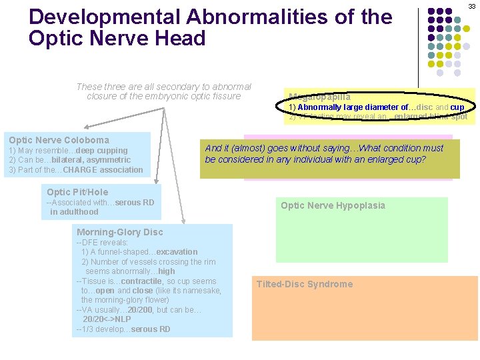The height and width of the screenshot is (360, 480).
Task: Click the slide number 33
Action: [471, 6]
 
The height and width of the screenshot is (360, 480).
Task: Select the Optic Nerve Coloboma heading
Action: [59, 140]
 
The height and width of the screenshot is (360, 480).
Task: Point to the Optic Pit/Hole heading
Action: [77, 192]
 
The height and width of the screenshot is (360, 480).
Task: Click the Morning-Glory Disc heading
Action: [119, 232]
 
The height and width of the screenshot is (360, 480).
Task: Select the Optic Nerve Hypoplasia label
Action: [333, 205]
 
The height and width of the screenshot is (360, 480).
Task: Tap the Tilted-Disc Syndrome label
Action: [305, 284]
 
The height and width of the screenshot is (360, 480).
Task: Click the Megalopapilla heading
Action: [319, 97]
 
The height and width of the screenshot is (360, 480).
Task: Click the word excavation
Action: [177, 252]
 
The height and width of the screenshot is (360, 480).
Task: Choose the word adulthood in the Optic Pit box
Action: [74, 212]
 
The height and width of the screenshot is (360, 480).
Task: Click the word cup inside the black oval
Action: [457, 107]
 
